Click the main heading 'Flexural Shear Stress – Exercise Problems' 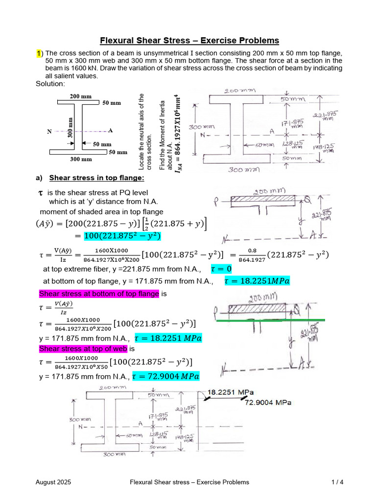189,41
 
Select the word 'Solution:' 50,84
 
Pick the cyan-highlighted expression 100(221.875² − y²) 122,236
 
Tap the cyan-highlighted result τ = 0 221,269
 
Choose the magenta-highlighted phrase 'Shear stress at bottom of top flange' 99,294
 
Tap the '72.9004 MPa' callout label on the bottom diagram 268,403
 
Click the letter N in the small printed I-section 48,132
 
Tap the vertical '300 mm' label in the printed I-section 70,128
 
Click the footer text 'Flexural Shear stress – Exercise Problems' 189,482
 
